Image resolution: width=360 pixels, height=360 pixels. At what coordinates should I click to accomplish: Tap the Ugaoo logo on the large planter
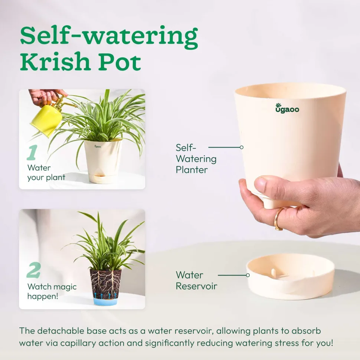pos(287,108)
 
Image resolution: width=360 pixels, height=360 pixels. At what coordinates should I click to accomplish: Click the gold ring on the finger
pos(278,219)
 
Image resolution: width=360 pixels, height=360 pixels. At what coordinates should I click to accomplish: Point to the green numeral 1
pos(32,152)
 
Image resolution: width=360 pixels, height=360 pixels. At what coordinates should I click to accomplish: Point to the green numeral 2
pos(33,270)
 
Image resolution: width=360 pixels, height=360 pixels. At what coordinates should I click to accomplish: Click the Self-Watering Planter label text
pos(196,159)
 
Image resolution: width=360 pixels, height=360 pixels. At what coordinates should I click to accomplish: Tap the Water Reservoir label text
pos(196,280)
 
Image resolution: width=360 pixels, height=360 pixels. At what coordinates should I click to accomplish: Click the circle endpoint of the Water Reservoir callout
pos(248,275)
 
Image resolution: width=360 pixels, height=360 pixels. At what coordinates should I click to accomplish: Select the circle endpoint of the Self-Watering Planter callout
pos(241,148)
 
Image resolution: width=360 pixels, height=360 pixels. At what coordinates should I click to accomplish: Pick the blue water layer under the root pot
pos(105,301)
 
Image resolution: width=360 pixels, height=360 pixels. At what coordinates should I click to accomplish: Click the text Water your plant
pos(46,172)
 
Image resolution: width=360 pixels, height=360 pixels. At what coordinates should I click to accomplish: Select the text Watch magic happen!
pos(52,291)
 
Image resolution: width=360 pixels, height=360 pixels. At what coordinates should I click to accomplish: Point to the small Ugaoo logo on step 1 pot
pos(98,146)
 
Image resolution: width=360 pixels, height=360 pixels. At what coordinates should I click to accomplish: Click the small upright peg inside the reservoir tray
pos(273,273)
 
